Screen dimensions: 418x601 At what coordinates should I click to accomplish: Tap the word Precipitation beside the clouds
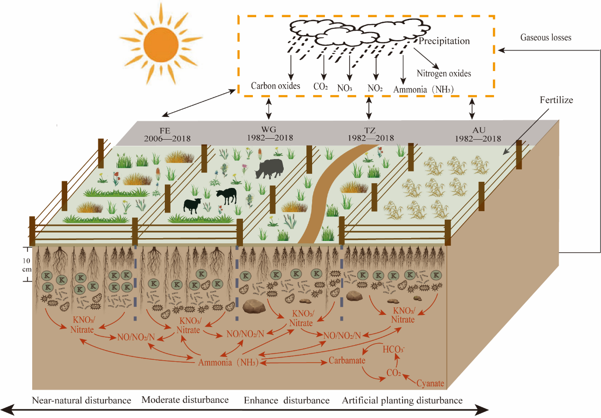[x=444, y=41]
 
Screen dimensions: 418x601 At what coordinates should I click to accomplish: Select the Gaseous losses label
[x=546, y=37]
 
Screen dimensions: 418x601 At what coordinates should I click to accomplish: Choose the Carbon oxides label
[x=275, y=86]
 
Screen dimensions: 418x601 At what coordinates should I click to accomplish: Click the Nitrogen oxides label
[x=444, y=73]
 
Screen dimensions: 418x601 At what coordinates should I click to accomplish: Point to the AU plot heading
[x=479, y=130]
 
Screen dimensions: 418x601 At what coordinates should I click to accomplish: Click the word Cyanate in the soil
[x=430, y=382]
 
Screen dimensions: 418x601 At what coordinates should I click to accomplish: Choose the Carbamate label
[x=347, y=361]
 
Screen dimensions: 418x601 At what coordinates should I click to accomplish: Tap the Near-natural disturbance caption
[x=81, y=400]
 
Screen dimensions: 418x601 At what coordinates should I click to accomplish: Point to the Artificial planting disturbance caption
[x=402, y=400]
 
